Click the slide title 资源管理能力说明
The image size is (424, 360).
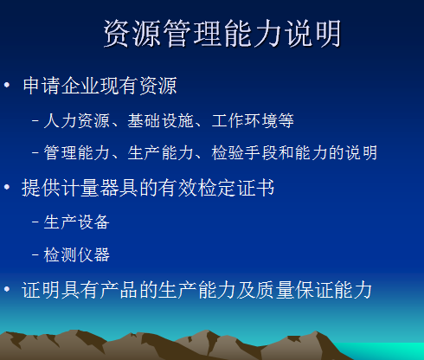[222, 33]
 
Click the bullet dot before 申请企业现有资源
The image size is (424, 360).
[7, 85]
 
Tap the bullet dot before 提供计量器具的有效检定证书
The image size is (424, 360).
[7, 187]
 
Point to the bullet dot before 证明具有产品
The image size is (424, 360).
[7, 289]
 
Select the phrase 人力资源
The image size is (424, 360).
[77, 120]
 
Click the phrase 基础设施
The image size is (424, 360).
[161, 120]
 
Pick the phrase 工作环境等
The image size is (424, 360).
[253, 120]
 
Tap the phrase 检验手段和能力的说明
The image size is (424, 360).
[294, 153]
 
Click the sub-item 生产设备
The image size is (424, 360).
[77, 222]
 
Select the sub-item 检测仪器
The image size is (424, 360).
[77, 254]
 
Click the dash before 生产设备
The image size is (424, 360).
[35, 222]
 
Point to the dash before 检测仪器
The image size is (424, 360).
[35, 255]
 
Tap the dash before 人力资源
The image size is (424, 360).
[35, 120]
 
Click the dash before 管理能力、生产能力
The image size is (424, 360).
[35, 153]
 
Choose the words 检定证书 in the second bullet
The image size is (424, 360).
[236, 188]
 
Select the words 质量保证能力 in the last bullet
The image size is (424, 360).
[314, 290]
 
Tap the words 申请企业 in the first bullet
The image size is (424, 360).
[61, 86]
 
